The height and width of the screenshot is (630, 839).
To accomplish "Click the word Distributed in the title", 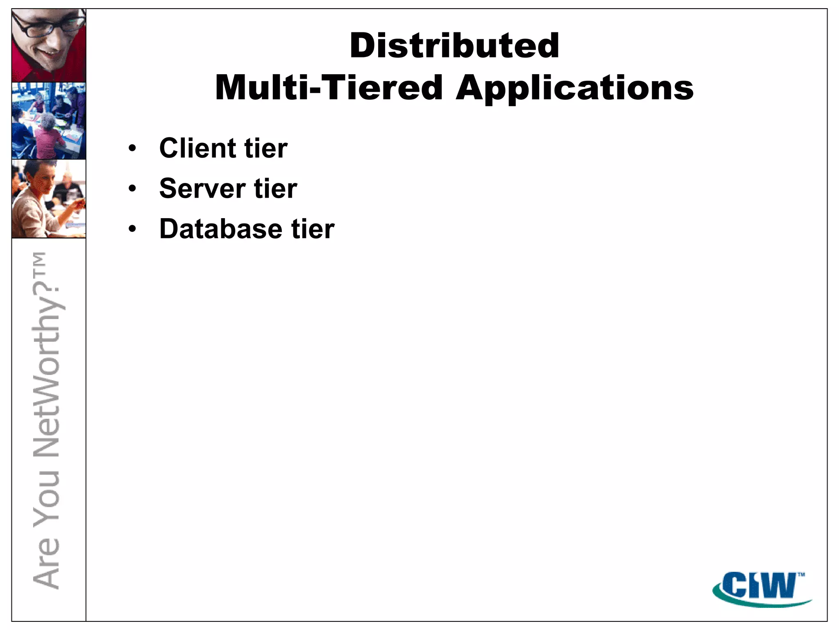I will tap(454, 46).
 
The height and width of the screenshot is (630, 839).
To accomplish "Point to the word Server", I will tap(202, 189).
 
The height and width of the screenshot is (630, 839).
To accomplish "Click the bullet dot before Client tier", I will tap(132, 148).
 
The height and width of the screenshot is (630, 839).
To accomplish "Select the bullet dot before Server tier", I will tap(132, 189).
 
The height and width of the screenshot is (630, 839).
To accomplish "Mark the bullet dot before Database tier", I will tap(132, 229).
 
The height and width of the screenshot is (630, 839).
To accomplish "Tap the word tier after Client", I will tap(266, 148).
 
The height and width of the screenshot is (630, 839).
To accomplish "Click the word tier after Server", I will tap(276, 189).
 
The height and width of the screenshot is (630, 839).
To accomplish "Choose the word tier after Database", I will tap(313, 229).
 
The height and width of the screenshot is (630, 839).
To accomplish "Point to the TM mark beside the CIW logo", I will tap(801, 575).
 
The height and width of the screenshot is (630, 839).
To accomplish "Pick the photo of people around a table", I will tap(49, 121).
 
